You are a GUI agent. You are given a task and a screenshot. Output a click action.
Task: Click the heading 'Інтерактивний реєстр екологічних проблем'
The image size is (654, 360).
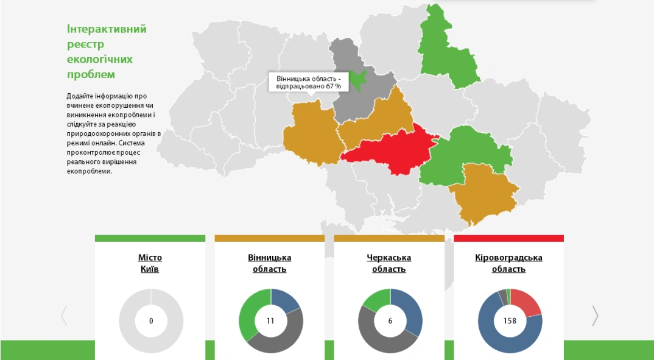pos(107,52)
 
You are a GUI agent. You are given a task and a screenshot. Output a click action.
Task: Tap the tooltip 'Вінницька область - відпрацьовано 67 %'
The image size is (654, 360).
pos(309,82)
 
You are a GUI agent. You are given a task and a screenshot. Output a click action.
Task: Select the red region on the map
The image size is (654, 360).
pos(390,149)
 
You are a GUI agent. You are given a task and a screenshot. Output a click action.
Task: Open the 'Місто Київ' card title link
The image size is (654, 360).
pos(150,263)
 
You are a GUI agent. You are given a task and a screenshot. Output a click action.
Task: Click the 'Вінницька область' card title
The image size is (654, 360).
pos(269,263)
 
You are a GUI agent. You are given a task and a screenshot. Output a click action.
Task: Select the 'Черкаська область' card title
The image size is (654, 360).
pos(389,263)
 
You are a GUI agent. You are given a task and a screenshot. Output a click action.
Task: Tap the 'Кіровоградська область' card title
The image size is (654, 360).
pos(508,263)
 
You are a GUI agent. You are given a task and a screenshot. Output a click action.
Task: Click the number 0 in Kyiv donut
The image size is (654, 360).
pos(151,321)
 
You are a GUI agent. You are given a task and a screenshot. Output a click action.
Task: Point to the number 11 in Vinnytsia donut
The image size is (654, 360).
pos(270,321)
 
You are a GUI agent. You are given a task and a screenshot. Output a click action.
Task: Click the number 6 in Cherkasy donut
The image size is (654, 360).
pos(390,321)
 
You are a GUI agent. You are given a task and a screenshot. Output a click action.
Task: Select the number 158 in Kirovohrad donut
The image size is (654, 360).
pos(510,321)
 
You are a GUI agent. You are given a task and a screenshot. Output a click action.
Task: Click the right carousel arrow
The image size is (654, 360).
pos(595,316)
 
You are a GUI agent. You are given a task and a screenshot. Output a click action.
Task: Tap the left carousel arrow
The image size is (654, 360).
pos(64,316)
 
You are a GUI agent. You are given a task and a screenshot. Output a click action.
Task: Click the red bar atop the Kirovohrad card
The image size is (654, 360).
pos(508,238)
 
